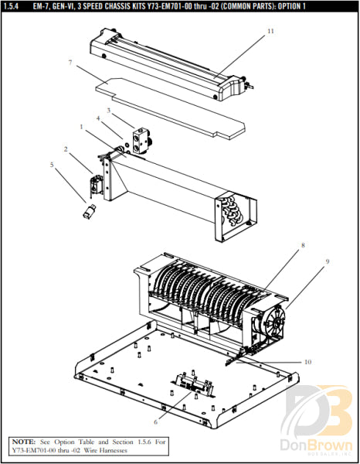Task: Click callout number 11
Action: (270, 32)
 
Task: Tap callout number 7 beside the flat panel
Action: (70, 62)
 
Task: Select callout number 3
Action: (109, 111)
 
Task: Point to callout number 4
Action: (98, 118)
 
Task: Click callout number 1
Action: (80, 126)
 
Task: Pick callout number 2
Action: (66, 148)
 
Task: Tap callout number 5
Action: (53, 165)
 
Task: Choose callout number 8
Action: (303, 246)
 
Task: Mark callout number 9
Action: (327, 262)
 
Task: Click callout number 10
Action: (307, 362)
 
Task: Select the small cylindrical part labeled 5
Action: (90, 210)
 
